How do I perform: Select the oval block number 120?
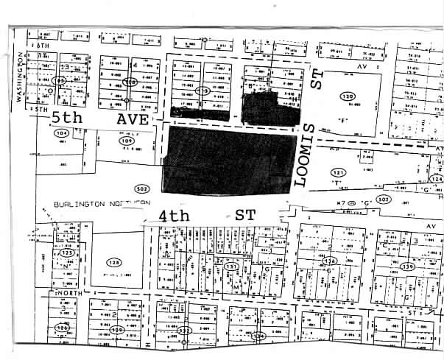[347, 96]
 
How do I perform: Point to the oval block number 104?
[62, 133]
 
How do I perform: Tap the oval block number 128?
[113, 263]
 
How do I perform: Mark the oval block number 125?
[68, 253]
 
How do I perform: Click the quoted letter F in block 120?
[343, 119]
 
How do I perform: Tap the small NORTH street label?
[67, 292]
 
